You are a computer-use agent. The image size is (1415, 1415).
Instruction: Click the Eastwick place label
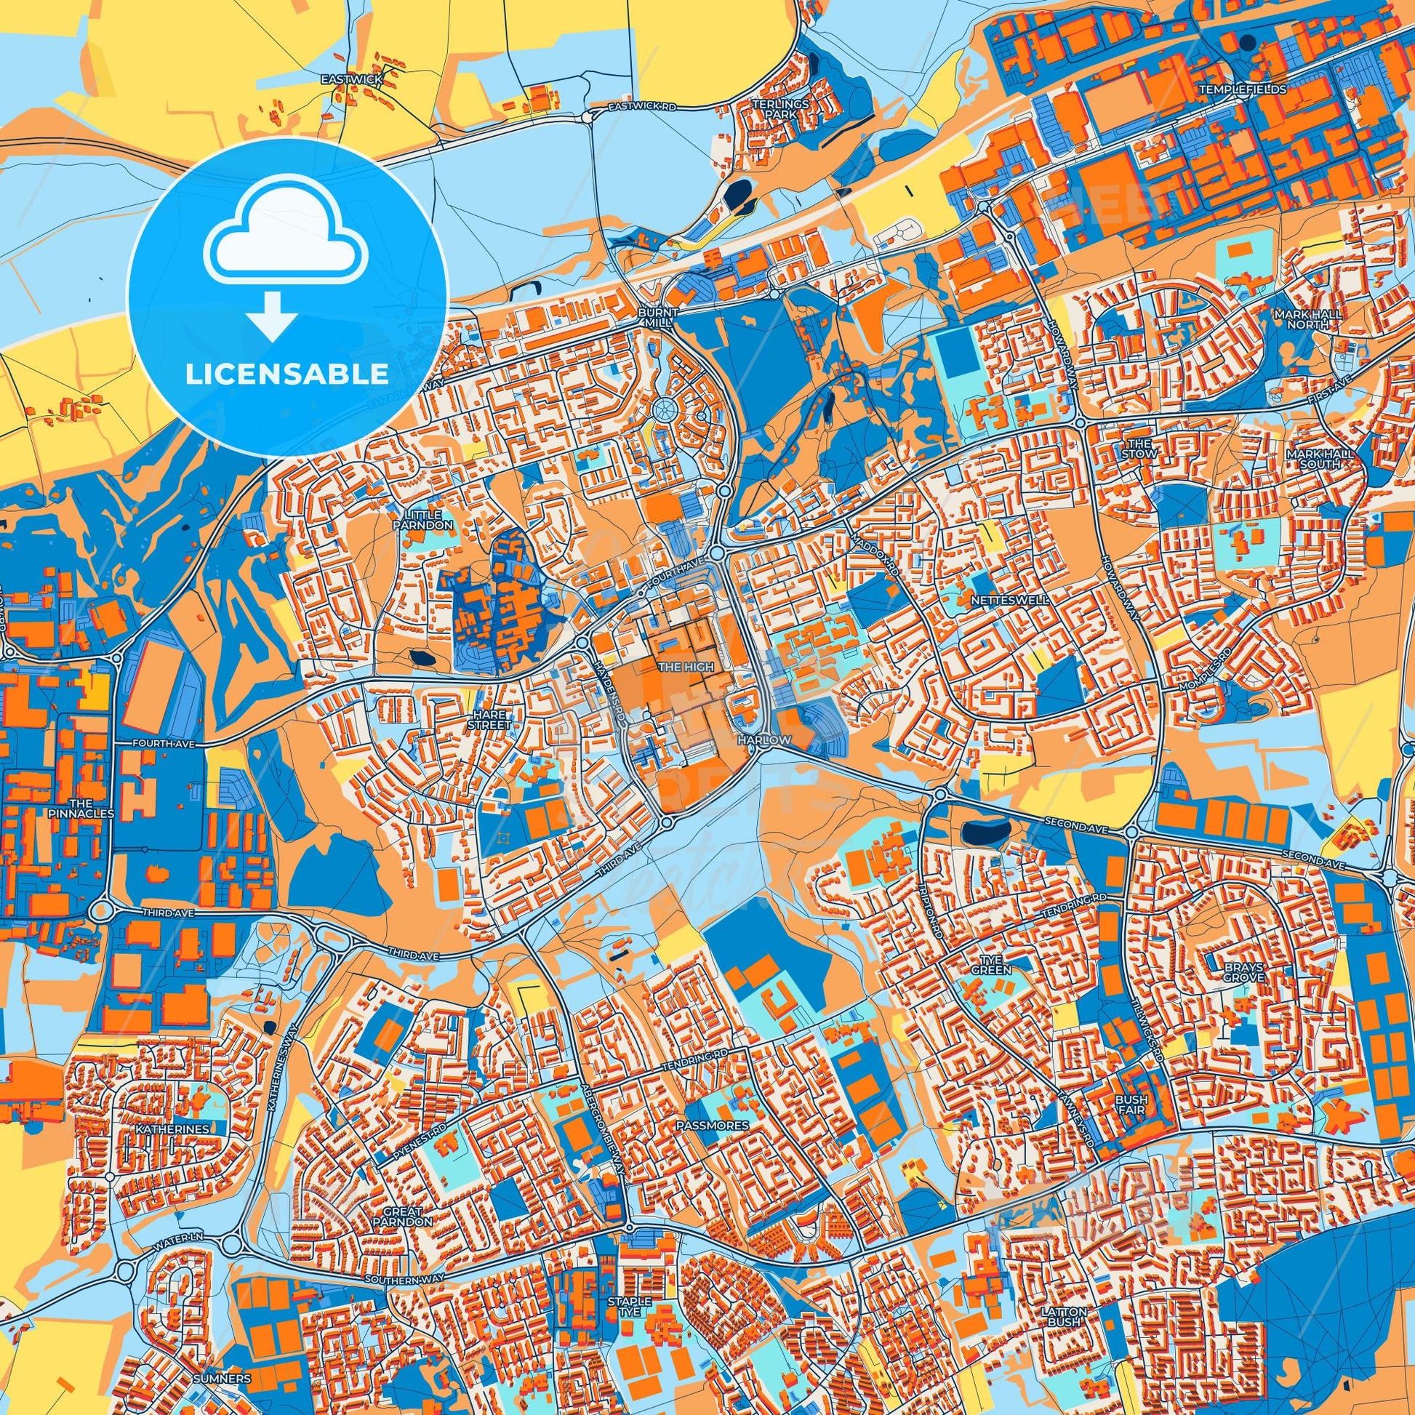[351, 79]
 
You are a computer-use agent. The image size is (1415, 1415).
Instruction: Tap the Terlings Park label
[781, 109]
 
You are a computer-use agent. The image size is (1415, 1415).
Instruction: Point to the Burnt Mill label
[659, 317]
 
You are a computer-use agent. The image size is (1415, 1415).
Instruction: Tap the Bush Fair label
[1131, 1105]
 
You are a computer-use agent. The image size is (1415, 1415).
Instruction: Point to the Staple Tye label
[629, 1307]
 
